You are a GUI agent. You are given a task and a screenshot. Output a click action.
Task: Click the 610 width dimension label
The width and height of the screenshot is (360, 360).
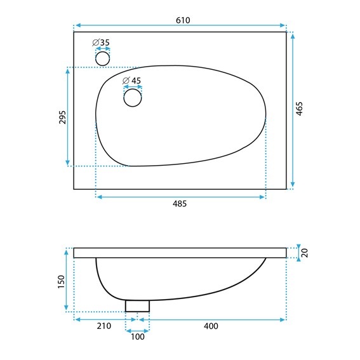pos(183,20)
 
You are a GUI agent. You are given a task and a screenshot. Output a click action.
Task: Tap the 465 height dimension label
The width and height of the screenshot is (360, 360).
pos(299,109)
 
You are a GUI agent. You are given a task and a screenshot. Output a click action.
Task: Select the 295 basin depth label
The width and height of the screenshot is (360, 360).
pos(62,117)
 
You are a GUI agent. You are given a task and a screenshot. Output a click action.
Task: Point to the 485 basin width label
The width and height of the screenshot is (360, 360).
pos(180,204)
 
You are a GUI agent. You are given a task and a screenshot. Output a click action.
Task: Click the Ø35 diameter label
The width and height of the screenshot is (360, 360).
pos(101,43)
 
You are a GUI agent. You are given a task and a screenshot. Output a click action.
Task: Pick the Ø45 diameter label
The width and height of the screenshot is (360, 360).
pos(131,81)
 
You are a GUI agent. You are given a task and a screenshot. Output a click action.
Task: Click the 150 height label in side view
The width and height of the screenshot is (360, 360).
pos(62,282)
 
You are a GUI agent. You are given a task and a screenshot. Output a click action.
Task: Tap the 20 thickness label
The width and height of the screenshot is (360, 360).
pos(304,253)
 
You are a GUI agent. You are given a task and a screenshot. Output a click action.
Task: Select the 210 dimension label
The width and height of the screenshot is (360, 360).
pos(103,326)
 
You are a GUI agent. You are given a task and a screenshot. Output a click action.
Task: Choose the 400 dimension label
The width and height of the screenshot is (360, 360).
pos(211,326)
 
